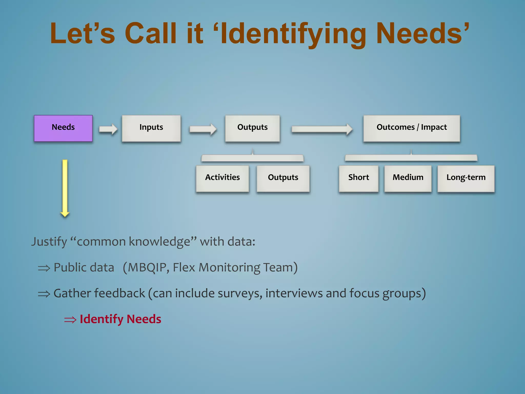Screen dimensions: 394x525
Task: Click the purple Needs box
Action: [x=63, y=128]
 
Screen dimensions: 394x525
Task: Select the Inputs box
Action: [x=151, y=128]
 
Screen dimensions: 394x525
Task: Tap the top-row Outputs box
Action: [x=253, y=128]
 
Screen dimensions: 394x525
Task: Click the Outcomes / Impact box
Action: [x=412, y=128]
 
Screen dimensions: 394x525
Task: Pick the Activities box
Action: [x=223, y=178]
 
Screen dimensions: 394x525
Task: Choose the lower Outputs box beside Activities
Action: [x=283, y=178]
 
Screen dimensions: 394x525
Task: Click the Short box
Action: [x=359, y=178]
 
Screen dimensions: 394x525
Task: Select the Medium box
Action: [x=408, y=178]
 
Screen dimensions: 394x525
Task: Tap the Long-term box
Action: [x=466, y=178]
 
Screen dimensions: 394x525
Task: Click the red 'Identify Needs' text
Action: [x=120, y=319]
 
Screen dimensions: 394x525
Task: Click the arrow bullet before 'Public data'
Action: [x=44, y=268]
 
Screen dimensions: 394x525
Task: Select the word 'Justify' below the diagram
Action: [x=49, y=242]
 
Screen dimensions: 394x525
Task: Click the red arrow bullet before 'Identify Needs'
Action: [x=70, y=320]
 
